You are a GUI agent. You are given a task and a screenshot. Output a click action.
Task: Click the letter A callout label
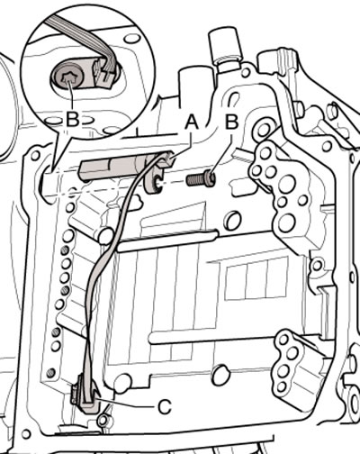click(x=192, y=123)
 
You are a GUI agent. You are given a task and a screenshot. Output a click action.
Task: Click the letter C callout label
click(x=165, y=407)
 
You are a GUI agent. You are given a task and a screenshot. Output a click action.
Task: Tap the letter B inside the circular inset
click(x=73, y=120)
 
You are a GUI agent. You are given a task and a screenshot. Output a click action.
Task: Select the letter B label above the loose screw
click(x=231, y=123)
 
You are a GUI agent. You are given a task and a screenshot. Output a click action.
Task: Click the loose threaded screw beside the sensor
click(x=201, y=179)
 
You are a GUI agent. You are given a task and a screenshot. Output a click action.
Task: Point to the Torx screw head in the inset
click(x=67, y=77)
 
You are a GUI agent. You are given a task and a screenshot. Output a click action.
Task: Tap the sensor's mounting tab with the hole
click(x=154, y=183)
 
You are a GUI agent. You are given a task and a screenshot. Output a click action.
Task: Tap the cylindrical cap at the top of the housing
click(x=226, y=45)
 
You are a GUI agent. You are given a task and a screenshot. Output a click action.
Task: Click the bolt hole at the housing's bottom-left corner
click(x=26, y=433)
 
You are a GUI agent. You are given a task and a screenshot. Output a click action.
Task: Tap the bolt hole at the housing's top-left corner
click(x=35, y=155)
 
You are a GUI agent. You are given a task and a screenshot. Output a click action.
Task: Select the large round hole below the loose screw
click(x=233, y=221)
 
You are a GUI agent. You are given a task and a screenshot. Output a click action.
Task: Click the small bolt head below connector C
click(x=103, y=421)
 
